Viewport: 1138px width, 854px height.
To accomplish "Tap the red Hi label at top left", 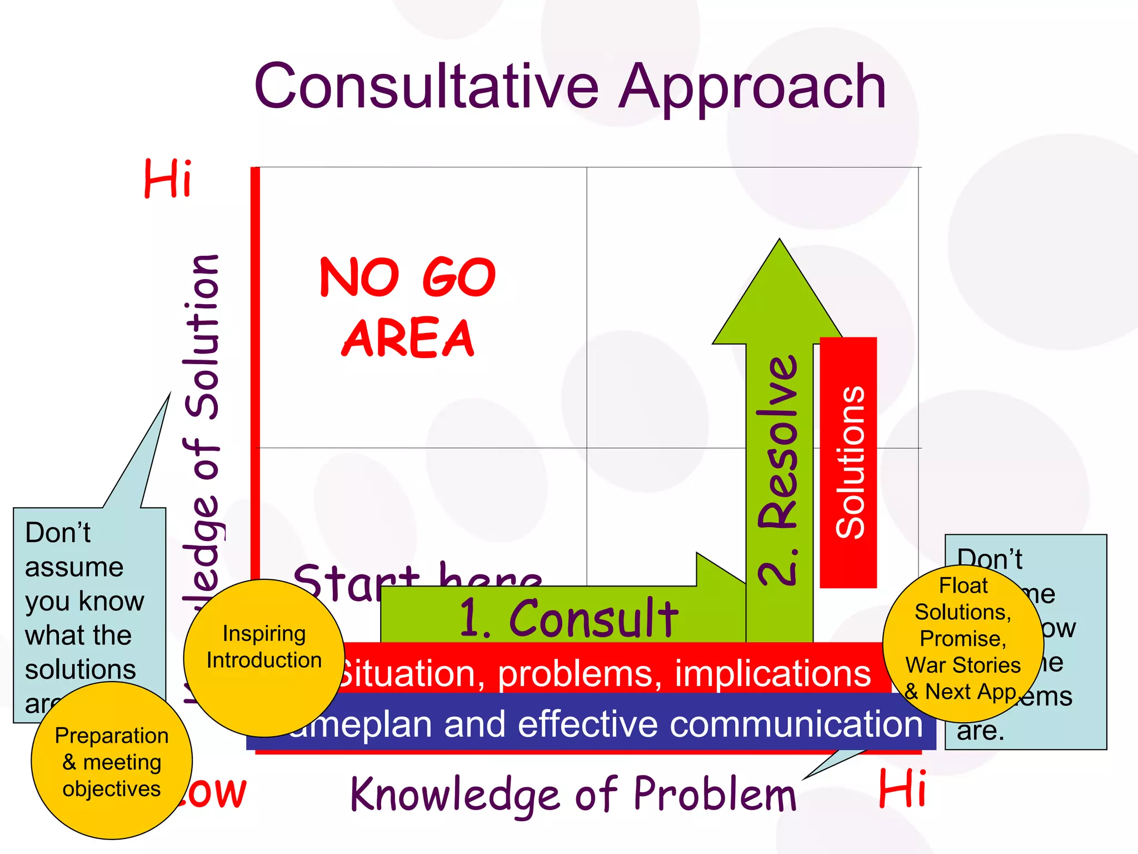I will [x=168, y=178].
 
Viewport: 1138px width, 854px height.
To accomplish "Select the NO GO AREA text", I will [x=407, y=307].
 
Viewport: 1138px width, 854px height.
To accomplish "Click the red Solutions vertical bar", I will [x=848, y=461].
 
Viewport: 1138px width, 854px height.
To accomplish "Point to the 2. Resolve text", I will [x=778, y=470].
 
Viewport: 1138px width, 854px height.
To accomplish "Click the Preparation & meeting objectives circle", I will [x=111, y=762].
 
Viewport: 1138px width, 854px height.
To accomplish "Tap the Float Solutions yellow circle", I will [x=962, y=639].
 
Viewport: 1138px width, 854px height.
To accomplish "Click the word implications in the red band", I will [x=772, y=674].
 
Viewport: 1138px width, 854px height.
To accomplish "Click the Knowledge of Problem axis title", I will [x=572, y=794].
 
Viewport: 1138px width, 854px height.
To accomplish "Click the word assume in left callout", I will [x=74, y=568].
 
